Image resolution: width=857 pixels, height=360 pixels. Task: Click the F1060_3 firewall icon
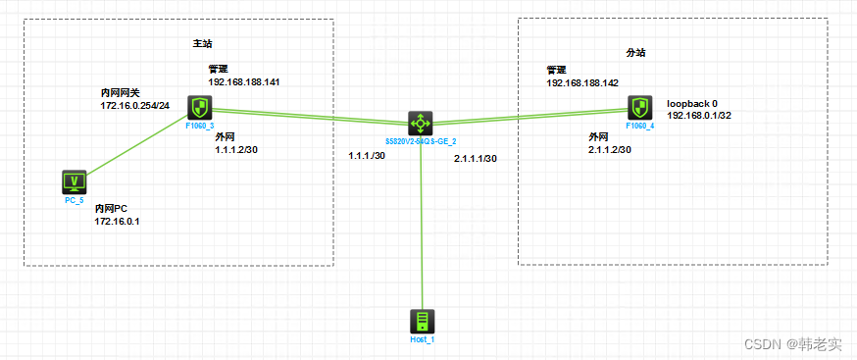[x=200, y=108]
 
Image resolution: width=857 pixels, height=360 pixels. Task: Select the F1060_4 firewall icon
[x=640, y=108]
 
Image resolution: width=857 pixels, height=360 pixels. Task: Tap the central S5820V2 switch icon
[x=421, y=124]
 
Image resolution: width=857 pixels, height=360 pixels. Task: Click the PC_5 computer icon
[x=75, y=181]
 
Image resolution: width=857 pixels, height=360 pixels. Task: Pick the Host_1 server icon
[x=422, y=322]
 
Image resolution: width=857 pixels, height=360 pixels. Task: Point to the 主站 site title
[x=202, y=44]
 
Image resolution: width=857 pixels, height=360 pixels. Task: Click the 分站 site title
[x=636, y=52]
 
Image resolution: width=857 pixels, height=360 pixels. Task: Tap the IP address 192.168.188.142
[x=582, y=83]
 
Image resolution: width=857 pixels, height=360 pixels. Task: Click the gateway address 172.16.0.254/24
[x=135, y=105]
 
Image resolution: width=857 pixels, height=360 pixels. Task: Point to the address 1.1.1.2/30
[x=236, y=150]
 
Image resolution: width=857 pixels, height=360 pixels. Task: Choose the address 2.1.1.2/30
[x=609, y=150]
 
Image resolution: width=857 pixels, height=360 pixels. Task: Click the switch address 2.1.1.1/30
[x=476, y=158]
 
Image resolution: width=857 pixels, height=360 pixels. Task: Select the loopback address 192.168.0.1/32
[x=703, y=115]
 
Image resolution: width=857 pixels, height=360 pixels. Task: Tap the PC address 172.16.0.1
[x=118, y=222]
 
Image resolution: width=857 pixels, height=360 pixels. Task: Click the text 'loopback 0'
[x=692, y=102]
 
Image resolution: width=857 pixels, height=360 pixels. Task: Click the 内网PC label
[x=112, y=209]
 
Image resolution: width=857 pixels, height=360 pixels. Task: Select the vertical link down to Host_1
[x=422, y=226]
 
